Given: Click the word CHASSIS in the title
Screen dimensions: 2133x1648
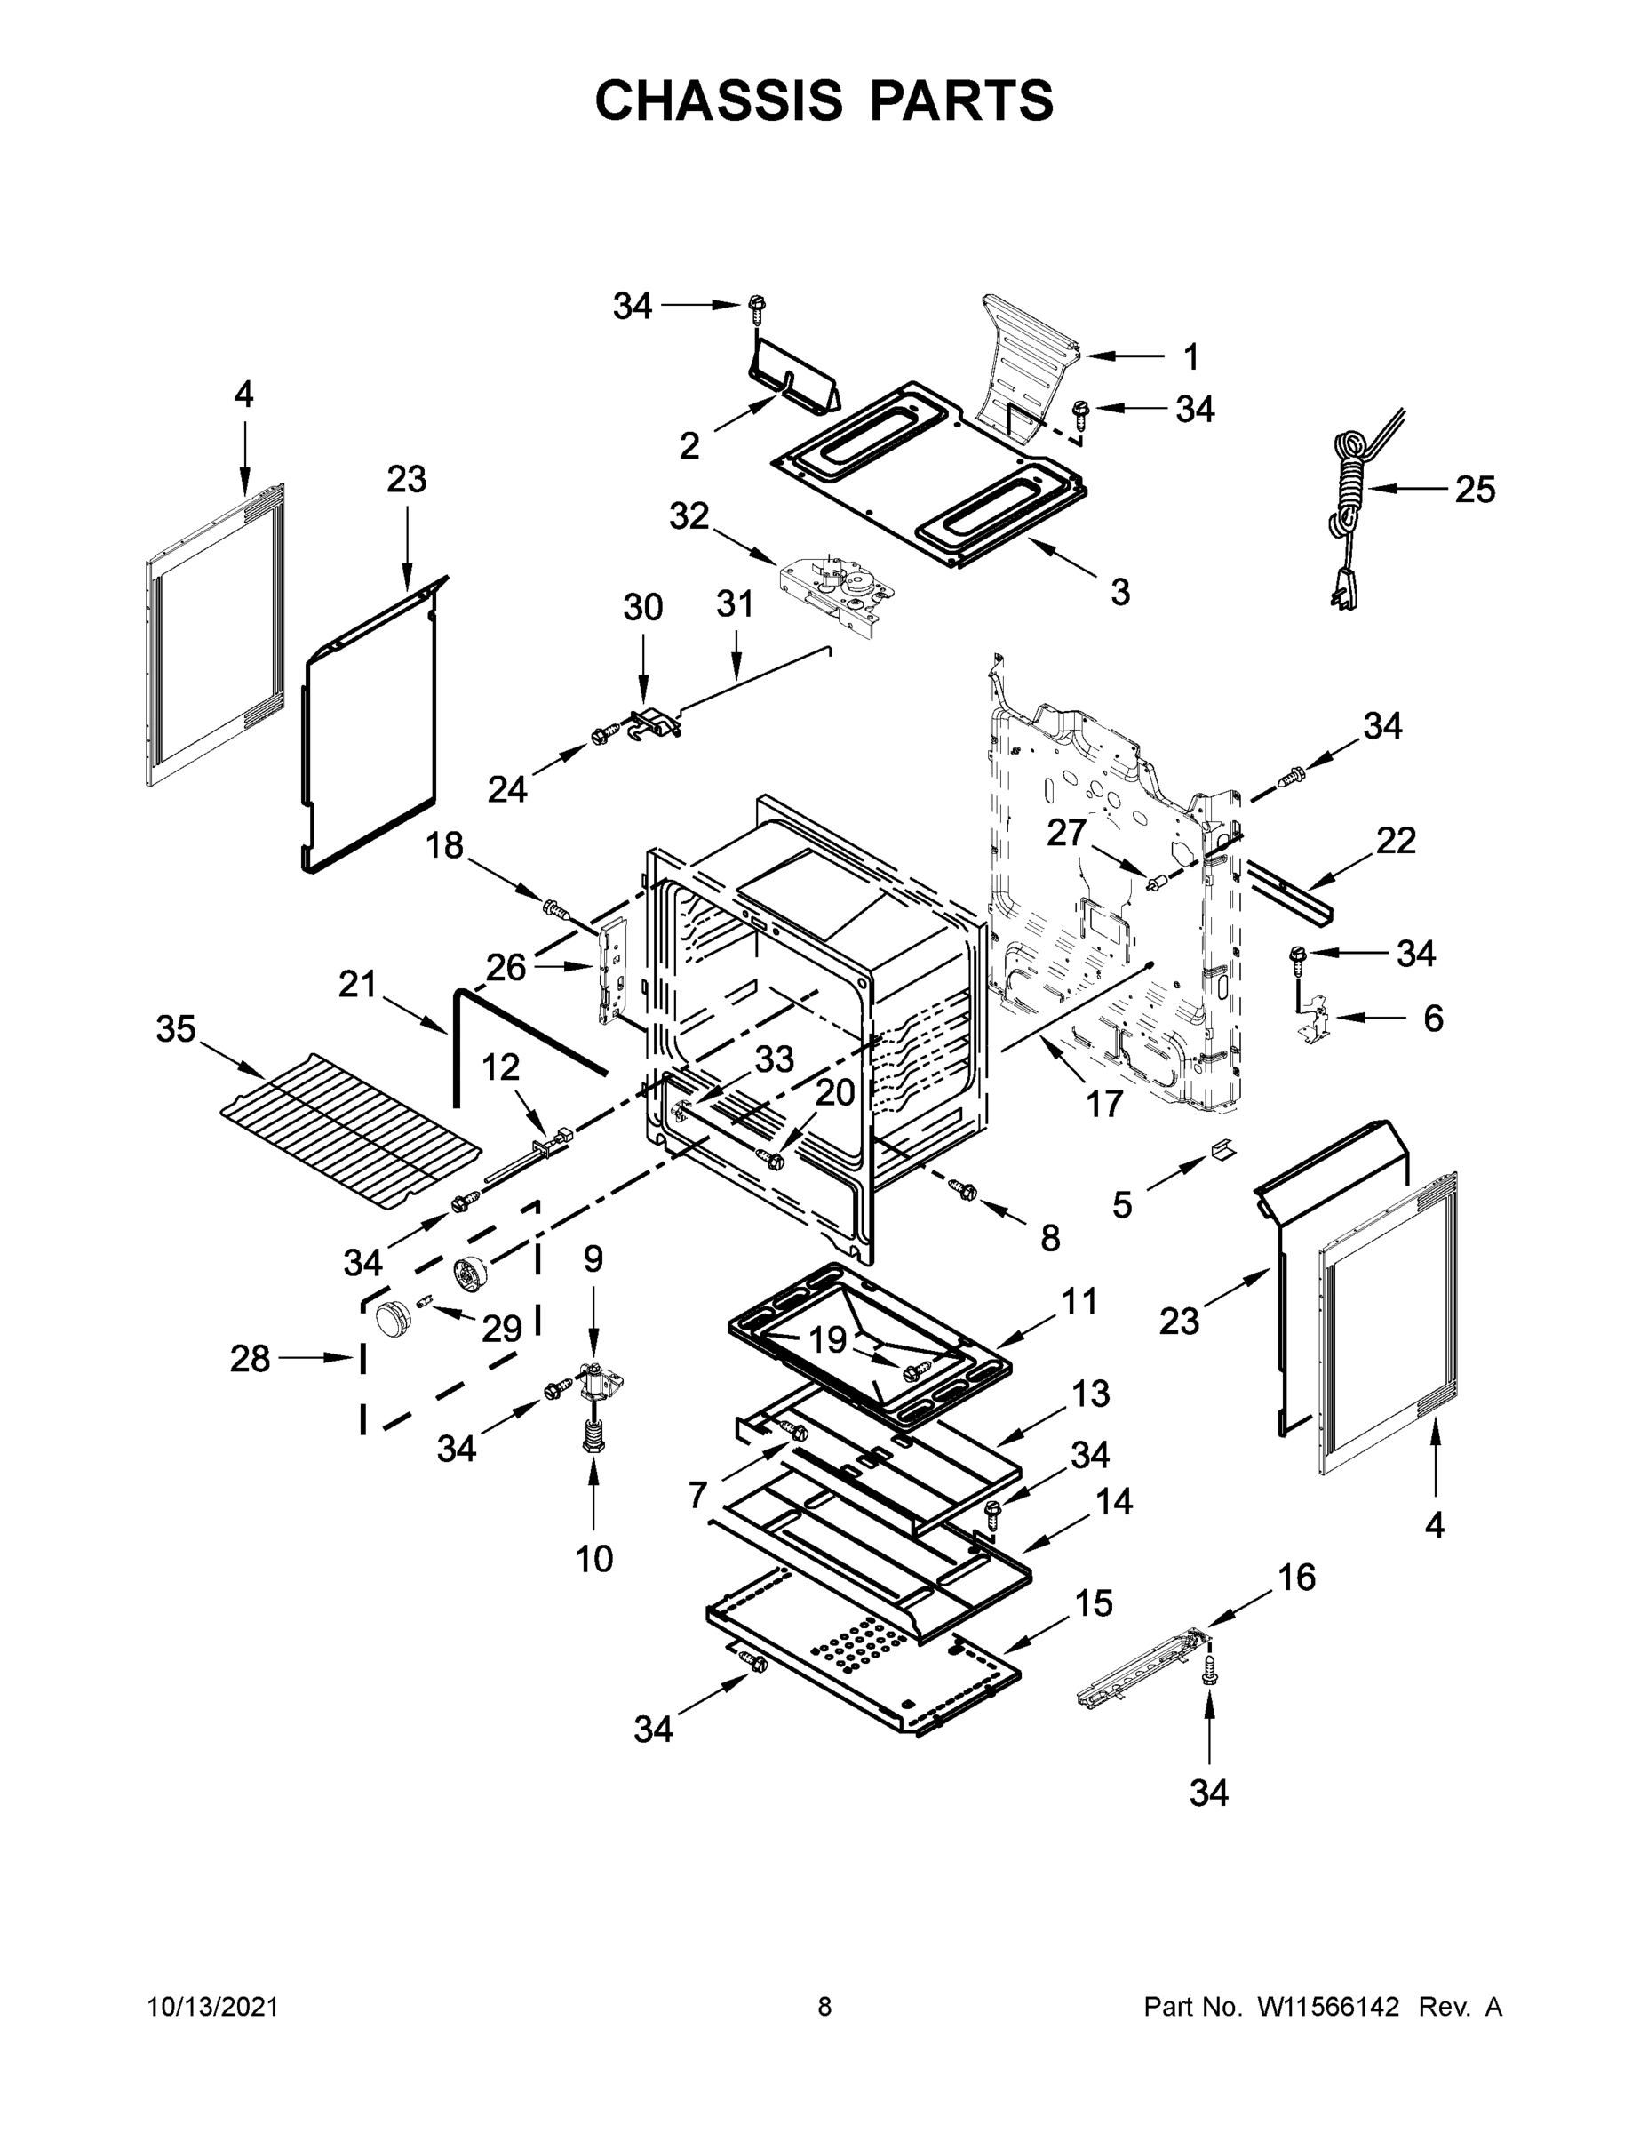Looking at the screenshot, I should [719, 100].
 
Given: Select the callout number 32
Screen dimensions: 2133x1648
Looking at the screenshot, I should [689, 516].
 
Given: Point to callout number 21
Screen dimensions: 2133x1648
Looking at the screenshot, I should [357, 985].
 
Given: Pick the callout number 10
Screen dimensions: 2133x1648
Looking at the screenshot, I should [593, 1559].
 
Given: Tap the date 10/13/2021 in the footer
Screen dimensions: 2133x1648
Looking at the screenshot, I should [213, 2007].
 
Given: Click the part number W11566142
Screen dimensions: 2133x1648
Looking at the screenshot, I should [1328, 2007].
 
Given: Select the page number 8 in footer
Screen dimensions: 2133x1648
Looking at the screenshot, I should [824, 2007].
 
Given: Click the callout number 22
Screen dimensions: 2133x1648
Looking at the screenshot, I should [1396, 840].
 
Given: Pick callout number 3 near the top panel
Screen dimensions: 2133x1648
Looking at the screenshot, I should [1119, 591].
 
